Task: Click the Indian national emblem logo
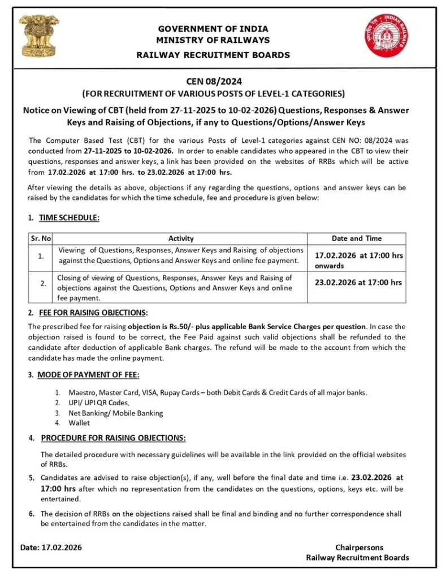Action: click(x=39, y=36)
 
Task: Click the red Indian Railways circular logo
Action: click(x=386, y=36)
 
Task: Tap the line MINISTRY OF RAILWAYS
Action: click(x=213, y=40)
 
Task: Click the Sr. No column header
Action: click(x=41, y=239)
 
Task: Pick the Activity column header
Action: click(x=181, y=239)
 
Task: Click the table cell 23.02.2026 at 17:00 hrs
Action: click(x=358, y=282)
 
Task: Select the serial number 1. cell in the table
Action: click(x=41, y=256)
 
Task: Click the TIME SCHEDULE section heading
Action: click(x=68, y=218)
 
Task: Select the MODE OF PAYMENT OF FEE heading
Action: click(x=88, y=375)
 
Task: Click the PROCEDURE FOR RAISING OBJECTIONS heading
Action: click(x=113, y=438)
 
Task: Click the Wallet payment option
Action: click(x=79, y=423)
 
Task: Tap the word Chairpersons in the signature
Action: click(x=359, y=548)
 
